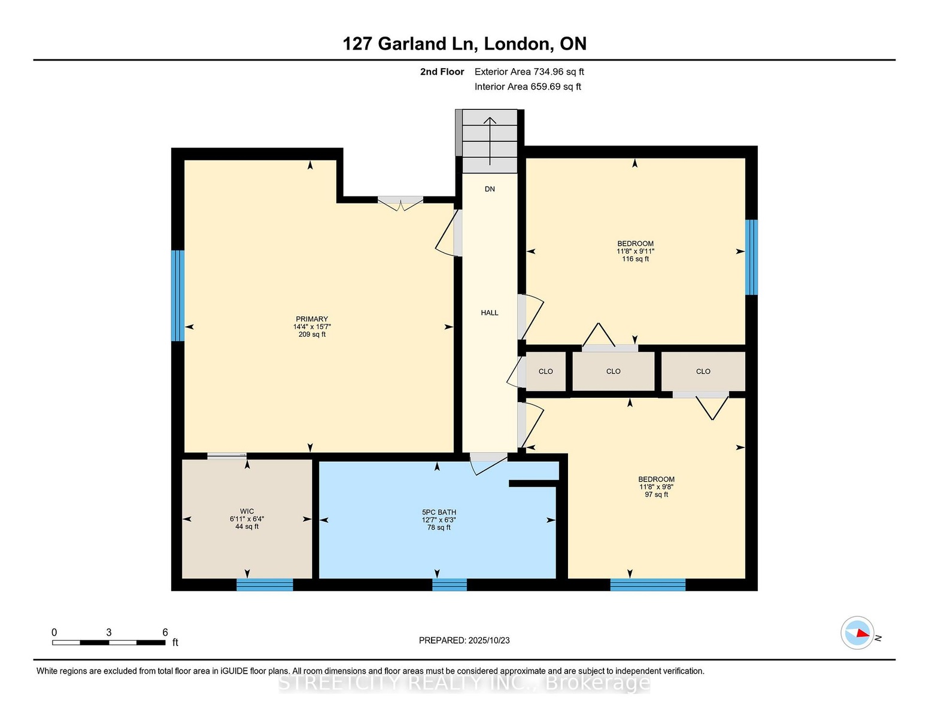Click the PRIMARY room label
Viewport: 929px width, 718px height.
pos(312,319)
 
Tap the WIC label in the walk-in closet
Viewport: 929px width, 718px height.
pos(247,511)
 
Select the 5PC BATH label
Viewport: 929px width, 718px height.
pos(439,512)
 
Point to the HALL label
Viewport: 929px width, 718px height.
pos(489,313)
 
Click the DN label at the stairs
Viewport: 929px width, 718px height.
pos(490,189)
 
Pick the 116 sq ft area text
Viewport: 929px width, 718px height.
pos(635,259)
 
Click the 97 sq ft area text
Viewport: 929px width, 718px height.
pos(656,495)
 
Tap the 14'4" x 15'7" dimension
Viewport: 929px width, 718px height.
pos(312,327)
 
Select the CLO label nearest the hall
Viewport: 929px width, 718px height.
pos(545,371)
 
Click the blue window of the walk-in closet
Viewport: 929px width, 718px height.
pos(265,585)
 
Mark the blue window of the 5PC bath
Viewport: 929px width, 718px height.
pos(449,585)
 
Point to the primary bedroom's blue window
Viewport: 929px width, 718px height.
pos(177,296)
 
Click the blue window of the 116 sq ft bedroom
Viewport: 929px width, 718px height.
pos(751,257)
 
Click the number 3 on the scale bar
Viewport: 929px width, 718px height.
pos(108,632)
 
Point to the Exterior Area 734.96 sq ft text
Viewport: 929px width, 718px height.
pos(529,72)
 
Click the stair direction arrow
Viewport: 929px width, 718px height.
pos(490,141)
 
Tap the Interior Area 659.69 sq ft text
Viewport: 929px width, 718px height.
pos(527,87)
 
